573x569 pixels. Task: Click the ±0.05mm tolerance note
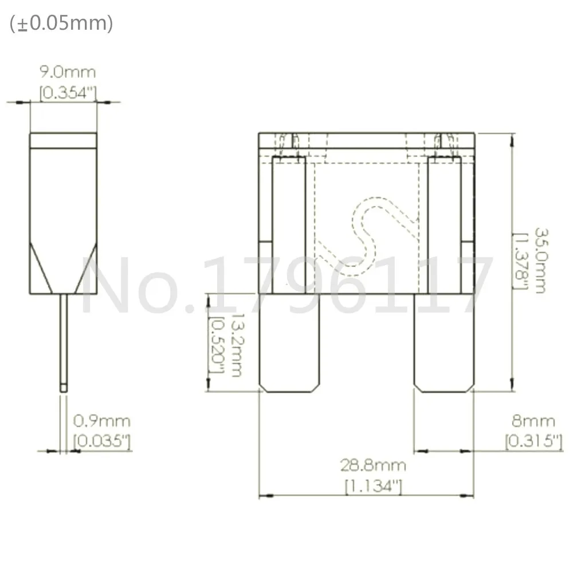[x=61, y=23]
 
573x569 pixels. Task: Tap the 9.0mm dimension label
[x=68, y=72]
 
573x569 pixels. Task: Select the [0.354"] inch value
[x=68, y=93]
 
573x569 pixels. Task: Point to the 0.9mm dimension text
[x=101, y=421]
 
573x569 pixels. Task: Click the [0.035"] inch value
[x=102, y=441]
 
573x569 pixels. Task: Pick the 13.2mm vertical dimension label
[x=237, y=345]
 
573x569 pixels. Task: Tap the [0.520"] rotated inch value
[x=217, y=345]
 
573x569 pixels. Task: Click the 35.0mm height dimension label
[x=541, y=260]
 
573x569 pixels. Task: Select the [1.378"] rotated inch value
[x=520, y=260]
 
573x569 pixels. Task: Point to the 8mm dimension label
[x=533, y=421]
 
